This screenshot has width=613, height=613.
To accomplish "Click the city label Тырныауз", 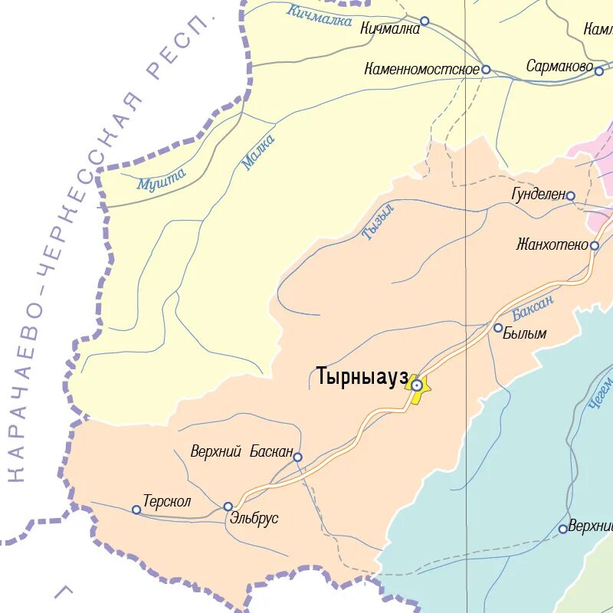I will [362, 377].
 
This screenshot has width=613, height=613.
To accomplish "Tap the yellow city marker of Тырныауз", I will [416, 385].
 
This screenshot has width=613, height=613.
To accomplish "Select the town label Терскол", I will [166, 502].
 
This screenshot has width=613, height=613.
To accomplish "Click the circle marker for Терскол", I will [136, 510].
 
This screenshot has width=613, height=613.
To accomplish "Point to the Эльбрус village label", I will [254, 519].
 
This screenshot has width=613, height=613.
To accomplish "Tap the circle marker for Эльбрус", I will [228, 506].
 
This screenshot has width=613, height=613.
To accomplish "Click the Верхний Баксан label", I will [241, 452].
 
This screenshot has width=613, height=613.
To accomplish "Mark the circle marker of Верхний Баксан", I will [297, 457].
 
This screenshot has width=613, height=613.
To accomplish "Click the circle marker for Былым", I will [498, 328].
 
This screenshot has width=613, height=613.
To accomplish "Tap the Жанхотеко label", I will [552, 245].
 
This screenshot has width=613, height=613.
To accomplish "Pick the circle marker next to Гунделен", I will [570, 196].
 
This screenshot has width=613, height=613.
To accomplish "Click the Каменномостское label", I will [421, 70].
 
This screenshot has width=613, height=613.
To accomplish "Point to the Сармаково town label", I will [559, 67].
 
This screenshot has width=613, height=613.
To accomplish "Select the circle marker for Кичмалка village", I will [425, 21].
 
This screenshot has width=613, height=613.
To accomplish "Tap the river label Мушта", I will [162, 179].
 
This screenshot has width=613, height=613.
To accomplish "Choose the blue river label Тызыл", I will [378, 222].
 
